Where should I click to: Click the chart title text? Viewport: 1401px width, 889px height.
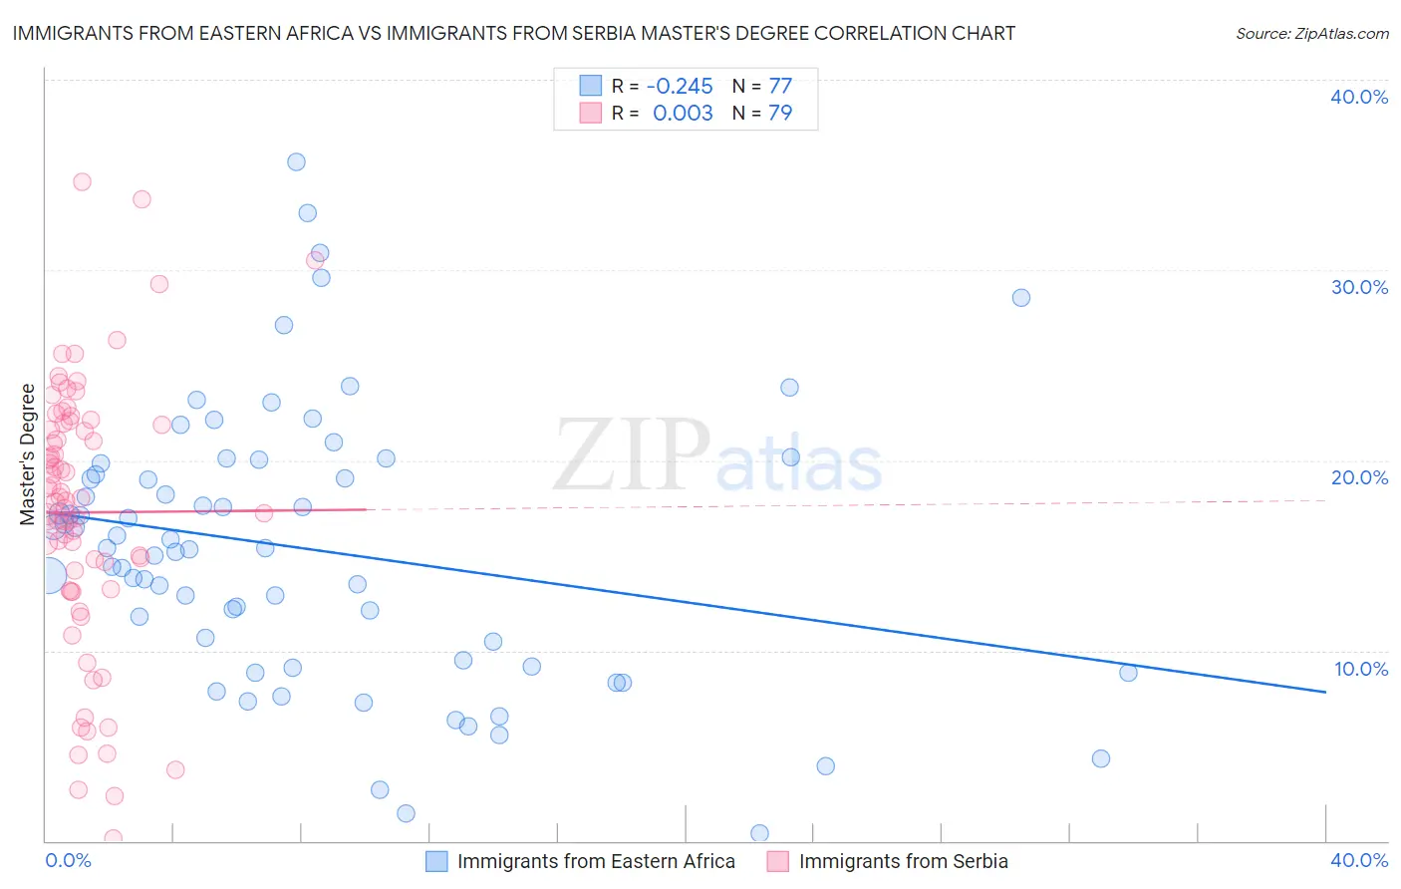[514, 33]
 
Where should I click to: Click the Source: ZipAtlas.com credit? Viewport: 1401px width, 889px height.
[1311, 33]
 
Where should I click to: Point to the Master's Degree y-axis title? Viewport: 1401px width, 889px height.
[27, 454]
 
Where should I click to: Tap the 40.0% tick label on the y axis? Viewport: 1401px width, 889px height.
[1359, 97]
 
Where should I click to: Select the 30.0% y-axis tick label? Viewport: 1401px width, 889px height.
[1359, 287]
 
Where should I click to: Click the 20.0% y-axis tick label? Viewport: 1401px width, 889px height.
[1359, 477]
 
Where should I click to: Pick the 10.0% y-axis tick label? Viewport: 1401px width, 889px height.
[1360, 669]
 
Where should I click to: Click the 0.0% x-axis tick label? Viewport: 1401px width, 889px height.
[69, 860]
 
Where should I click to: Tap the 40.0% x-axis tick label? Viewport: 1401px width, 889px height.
[1359, 860]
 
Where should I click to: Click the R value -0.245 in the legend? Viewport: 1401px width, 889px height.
[680, 86]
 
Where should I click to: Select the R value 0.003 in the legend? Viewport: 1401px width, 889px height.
[683, 114]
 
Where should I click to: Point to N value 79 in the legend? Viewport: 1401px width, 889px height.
[780, 114]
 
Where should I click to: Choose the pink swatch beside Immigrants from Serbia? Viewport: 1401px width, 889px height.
[778, 861]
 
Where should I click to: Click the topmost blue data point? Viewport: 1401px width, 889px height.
[296, 161]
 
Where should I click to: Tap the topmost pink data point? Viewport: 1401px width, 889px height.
[82, 181]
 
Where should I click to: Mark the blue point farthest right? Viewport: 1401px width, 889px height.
[1128, 673]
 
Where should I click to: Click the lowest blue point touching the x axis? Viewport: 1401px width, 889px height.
[759, 833]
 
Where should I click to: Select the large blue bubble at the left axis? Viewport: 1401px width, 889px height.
[48, 575]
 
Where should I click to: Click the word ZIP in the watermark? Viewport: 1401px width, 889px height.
[631, 456]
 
